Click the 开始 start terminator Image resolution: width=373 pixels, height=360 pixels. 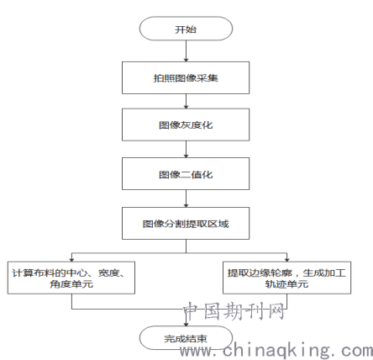coord(186,29)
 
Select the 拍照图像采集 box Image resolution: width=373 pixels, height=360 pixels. coord(186,77)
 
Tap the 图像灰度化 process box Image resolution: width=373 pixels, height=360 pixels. coord(186,124)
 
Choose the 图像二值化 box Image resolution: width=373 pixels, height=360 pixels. coord(186,174)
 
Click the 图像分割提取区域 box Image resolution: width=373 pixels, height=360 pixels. coord(186,224)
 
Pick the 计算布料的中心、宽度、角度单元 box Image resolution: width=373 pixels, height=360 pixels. coord(71,278)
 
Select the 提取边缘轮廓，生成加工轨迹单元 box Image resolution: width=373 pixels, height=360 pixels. coord(286,278)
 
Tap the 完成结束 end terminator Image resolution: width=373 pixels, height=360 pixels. coord(186,338)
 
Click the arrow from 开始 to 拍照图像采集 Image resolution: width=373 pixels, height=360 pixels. coord(186,51)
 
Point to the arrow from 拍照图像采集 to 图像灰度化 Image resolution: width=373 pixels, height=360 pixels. coord(186,101)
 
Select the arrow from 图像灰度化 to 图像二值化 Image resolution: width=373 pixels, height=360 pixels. coord(186,149)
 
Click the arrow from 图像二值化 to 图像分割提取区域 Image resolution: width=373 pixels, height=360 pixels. coord(186,199)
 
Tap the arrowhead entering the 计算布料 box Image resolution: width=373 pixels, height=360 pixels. coord(71,260)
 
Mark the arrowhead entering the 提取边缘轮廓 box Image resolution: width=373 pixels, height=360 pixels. coord(286,260)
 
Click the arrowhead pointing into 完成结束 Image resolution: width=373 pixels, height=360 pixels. coord(186,324)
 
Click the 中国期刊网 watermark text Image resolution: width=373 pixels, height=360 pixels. coord(234,311)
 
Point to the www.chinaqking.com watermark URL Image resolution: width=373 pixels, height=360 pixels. coord(276,350)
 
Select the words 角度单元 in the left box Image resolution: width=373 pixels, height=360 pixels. coord(71,284)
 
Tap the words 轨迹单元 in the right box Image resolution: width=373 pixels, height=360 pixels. coord(286,284)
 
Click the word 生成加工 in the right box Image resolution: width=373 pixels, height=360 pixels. coord(324,273)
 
